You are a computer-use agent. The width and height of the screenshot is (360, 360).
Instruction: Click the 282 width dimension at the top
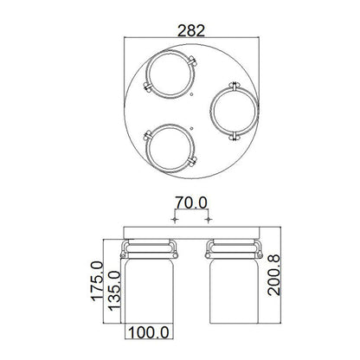coord(191,30)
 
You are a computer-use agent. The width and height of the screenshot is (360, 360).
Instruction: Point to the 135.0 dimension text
coord(113,295)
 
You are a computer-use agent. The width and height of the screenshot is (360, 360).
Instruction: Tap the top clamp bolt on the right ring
coord(235,85)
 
